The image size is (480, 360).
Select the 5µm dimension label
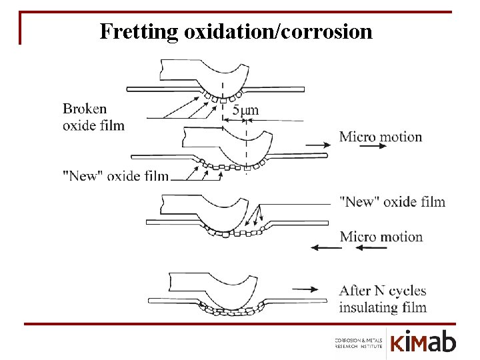245,110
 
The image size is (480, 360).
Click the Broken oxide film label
93,117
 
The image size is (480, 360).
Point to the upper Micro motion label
381,137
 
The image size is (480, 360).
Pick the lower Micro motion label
381,237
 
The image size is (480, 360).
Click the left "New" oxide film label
115,175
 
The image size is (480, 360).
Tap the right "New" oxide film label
392,201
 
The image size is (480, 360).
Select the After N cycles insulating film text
383,299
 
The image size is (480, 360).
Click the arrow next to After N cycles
304,289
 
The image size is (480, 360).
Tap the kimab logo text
423,343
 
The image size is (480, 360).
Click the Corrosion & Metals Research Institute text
359,343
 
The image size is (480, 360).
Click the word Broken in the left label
85,109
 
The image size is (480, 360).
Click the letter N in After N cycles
379,291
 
